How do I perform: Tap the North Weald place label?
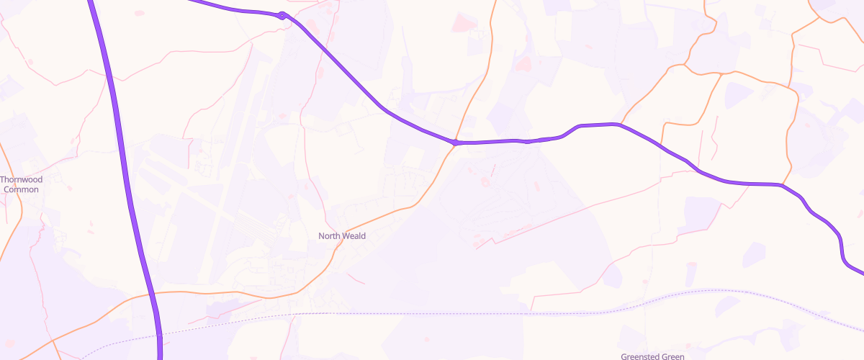pyautogui.click(x=342, y=236)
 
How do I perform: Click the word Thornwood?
pyautogui.click(x=22, y=179)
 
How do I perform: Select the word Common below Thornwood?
pyautogui.click(x=22, y=189)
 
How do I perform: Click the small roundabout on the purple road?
pyautogui.click(x=283, y=16)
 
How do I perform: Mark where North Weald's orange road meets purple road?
pyautogui.click(x=456, y=143)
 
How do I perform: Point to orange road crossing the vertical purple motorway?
pyautogui.click(x=153, y=294)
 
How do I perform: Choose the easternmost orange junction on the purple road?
pyautogui.click(x=782, y=186)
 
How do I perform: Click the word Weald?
pyautogui.click(x=354, y=236)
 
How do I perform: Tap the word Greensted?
pyautogui.click(x=636, y=356)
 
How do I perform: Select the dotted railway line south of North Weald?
pyautogui.click(x=432, y=314)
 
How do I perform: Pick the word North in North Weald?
pyautogui.click(x=330, y=236)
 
